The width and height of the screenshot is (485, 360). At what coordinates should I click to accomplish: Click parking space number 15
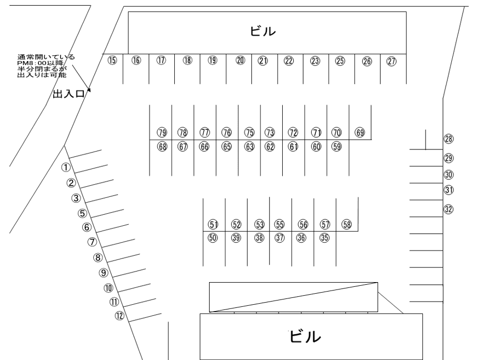(x=112, y=61)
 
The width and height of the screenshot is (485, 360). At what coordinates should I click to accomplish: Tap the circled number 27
(x=391, y=61)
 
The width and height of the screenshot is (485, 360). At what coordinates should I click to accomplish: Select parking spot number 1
(x=66, y=167)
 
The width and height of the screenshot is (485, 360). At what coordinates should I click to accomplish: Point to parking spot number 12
(x=120, y=316)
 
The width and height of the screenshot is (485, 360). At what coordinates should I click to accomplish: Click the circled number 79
(x=162, y=132)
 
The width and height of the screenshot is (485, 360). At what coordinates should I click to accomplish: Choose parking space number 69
(x=360, y=132)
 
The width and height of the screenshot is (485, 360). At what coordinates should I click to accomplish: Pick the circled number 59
(x=336, y=147)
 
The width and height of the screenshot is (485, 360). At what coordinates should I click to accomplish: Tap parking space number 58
(x=347, y=224)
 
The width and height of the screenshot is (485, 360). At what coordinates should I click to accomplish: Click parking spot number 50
(x=213, y=238)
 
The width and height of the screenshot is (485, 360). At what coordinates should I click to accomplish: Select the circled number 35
(x=324, y=238)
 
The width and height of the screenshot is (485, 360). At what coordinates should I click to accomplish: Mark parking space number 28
(x=449, y=139)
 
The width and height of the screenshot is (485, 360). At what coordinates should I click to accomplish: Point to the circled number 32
(x=448, y=209)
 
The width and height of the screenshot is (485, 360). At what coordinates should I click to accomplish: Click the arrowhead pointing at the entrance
(x=89, y=91)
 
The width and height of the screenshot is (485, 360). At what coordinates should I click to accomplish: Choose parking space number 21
(x=263, y=61)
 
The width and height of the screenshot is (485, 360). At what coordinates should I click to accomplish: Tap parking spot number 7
(x=92, y=243)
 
